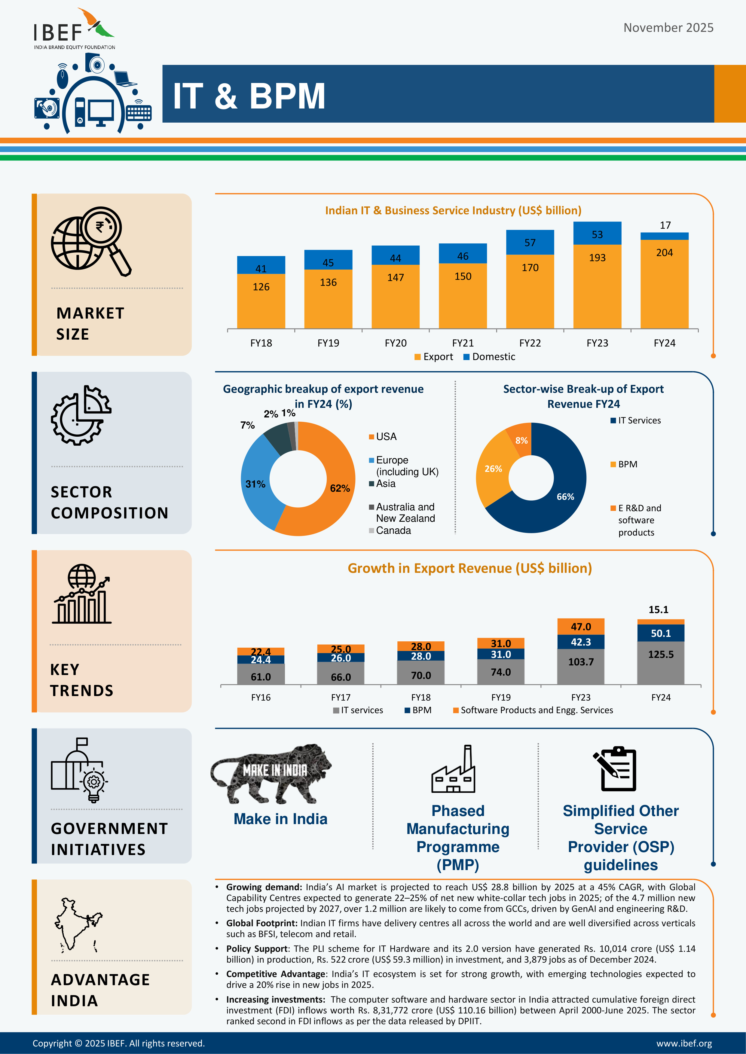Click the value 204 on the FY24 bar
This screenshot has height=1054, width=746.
(664, 252)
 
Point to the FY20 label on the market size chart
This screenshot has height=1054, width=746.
(396, 343)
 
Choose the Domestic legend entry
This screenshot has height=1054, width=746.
(489, 357)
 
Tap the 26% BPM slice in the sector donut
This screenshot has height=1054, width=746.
(493, 469)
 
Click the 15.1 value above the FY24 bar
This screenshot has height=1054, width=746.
(658, 609)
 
